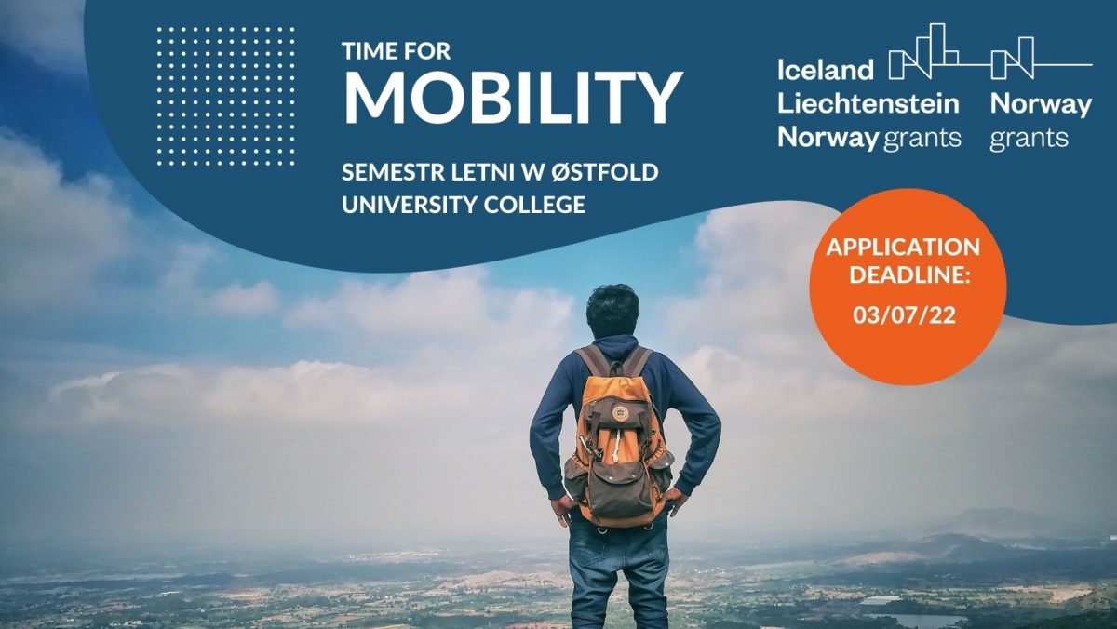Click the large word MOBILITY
coord(513,97)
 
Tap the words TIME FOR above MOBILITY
coord(397,51)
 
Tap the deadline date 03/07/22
coord(904,315)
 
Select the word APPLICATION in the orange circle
coord(903,248)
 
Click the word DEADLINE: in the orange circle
coord(909,274)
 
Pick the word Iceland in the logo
coord(826,70)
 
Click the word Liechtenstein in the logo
coord(868,103)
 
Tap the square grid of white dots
coord(225,96)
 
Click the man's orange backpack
coord(617,438)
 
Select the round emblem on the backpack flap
coord(619,413)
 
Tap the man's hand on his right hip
coord(676,500)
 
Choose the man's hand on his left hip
coord(562,508)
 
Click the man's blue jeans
coord(618,573)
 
